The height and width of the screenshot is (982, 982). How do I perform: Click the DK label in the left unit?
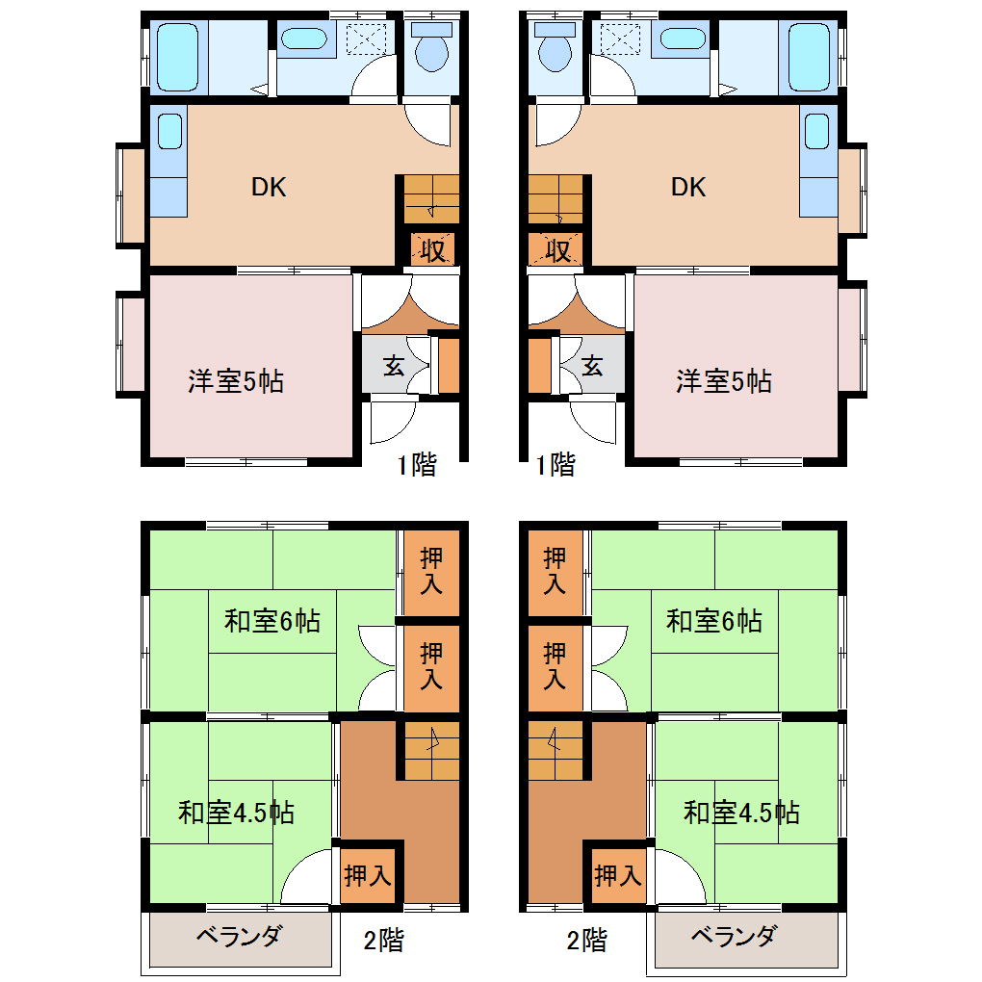[x=269, y=188]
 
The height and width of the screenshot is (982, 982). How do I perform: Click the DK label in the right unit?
[x=688, y=188]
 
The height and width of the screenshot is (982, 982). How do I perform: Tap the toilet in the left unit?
[x=431, y=47]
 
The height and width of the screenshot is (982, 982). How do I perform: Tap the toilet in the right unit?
[x=556, y=47]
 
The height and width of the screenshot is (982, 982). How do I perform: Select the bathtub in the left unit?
[x=178, y=57]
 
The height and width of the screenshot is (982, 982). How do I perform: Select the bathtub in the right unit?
[x=809, y=57]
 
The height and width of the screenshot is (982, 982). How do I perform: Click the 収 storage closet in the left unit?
[x=432, y=250]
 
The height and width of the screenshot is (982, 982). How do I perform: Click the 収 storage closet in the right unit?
[x=556, y=250]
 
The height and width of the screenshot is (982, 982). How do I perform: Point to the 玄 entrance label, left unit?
[x=394, y=365]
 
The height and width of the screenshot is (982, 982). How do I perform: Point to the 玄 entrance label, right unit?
[x=592, y=365]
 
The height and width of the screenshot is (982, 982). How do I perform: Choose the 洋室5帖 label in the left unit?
[x=236, y=381]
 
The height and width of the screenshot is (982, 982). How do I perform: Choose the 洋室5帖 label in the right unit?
[x=724, y=381]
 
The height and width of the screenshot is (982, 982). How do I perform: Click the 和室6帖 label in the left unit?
[x=272, y=621]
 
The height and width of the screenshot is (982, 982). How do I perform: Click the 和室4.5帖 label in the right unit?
[x=741, y=813]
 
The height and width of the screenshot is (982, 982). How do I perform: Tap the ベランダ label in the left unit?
[x=239, y=937]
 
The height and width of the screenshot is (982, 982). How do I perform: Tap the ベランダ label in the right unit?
[x=734, y=937]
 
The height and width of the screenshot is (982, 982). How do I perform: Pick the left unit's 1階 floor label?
[x=417, y=465]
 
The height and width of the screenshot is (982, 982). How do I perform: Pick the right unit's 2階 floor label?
[x=587, y=940]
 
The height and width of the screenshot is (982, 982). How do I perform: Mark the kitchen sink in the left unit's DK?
[x=169, y=131]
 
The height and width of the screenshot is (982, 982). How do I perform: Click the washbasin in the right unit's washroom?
[x=683, y=39]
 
